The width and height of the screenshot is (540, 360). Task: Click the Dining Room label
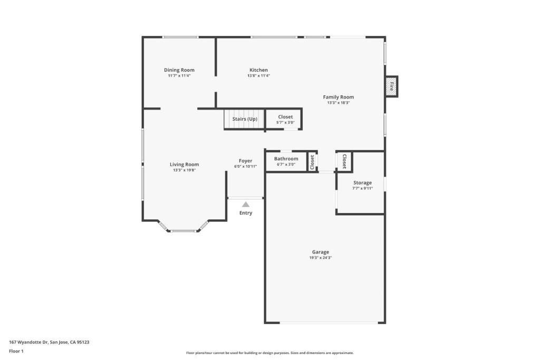click(179, 70)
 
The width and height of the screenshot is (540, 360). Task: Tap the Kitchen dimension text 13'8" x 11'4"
click(258, 76)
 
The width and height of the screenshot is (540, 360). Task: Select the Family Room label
click(338, 97)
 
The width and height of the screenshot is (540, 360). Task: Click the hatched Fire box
click(392, 86)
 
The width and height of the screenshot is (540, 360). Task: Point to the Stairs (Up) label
click(245, 119)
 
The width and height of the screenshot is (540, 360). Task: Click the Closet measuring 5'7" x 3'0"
click(284, 119)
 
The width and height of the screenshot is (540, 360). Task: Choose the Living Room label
click(184, 164)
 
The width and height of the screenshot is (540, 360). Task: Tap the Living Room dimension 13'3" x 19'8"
click(185, 170)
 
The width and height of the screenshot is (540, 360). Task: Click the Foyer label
click(246, 161)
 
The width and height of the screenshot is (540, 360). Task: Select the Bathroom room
click(286, 161)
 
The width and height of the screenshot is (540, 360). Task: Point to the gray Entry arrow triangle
click(246, 205)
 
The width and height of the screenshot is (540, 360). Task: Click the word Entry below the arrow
click(246, 213)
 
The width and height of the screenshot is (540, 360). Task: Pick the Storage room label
click(363, 183)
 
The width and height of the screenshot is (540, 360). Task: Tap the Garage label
click(321, 252)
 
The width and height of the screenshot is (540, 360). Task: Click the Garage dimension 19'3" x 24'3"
click(321, 258)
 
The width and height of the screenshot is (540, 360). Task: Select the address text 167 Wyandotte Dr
click(28, 342)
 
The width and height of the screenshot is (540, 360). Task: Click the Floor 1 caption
click(16, 351)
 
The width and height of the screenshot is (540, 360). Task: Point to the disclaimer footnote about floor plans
click(270, 353)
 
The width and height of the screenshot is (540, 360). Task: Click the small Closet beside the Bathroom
click(312, 162)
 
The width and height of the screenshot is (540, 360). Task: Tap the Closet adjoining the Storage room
click(344, 161)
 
